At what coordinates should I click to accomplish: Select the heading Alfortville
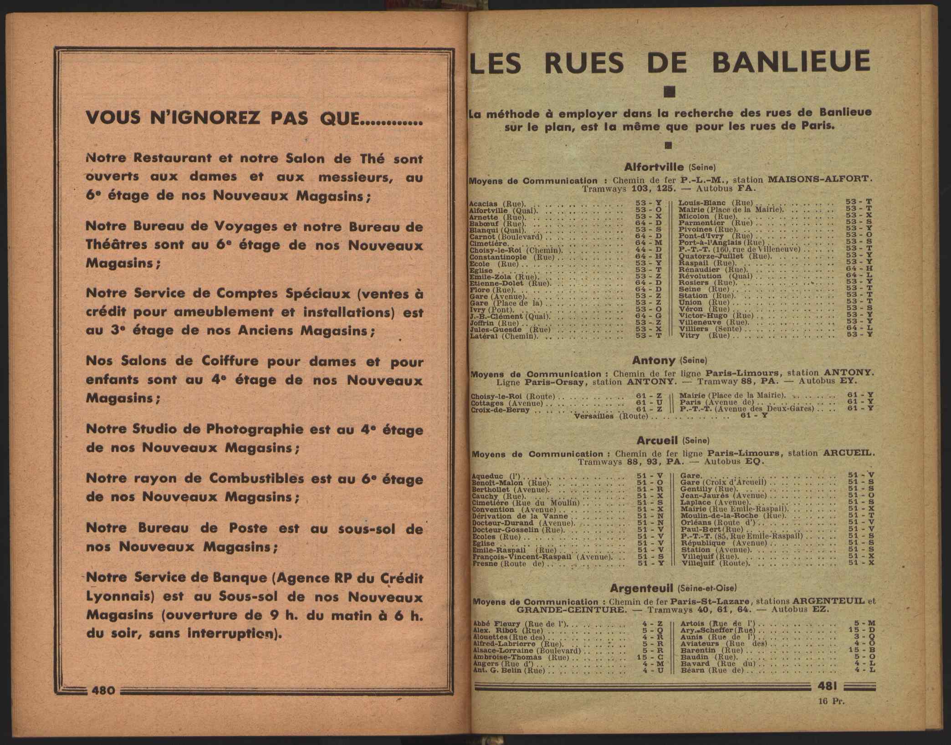point(654,167)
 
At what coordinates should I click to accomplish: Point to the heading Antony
point(654,360)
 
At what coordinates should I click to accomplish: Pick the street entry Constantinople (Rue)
point(511,257)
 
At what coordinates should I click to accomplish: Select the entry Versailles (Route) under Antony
point(611,416)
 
